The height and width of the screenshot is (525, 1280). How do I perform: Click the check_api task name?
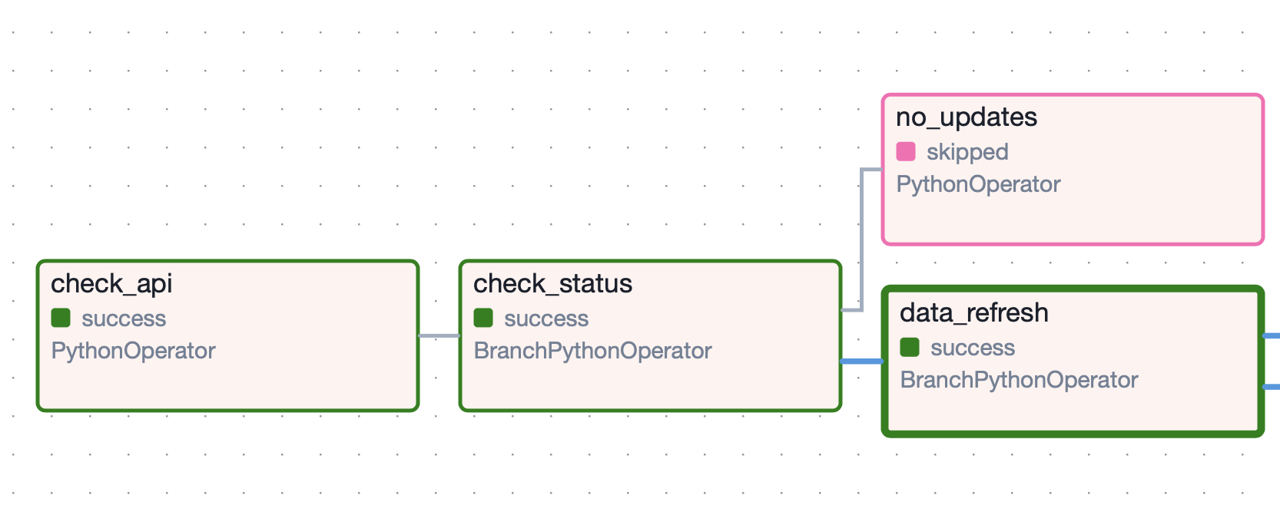click(x=111, y=284)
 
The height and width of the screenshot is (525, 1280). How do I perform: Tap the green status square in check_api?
click(x=61, y=318)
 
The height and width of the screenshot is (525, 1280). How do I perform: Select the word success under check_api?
click(x=124, y=319)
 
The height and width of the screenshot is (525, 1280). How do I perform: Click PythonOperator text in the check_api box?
click(x=133, y=351)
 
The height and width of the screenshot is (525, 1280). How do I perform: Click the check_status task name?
click(x=552, y=284)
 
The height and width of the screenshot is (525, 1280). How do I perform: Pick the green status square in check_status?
click(x=483, y=318)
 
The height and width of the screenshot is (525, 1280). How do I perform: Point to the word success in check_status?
click(x=546, y=319)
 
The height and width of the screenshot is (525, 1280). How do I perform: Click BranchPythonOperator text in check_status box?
click(x=592, y=351)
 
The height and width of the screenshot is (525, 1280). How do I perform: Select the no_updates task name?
click(x=967, y=117)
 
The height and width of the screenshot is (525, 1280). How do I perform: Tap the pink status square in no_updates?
click(x=906, y=151)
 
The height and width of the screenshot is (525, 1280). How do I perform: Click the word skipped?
click(x=967, y=152)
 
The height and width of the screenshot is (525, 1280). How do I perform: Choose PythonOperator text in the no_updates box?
click(x=978, y=184)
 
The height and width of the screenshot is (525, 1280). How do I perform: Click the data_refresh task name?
click(x=973, y=313)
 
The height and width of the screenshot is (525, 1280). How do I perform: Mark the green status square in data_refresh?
click(x=910, y=347)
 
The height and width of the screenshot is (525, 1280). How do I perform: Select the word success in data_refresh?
click(x=973, y=348)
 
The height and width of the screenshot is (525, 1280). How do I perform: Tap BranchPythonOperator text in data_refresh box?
click(x=1019, y=380)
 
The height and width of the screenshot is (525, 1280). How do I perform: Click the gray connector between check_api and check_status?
click(x=439, y=335)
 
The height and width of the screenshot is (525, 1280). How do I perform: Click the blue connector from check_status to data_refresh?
click(x=862, y=361)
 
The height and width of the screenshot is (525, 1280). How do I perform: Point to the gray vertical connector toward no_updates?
click(x=862, y=238)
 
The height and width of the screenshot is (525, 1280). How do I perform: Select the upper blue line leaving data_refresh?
click(x=1272, y=335)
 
